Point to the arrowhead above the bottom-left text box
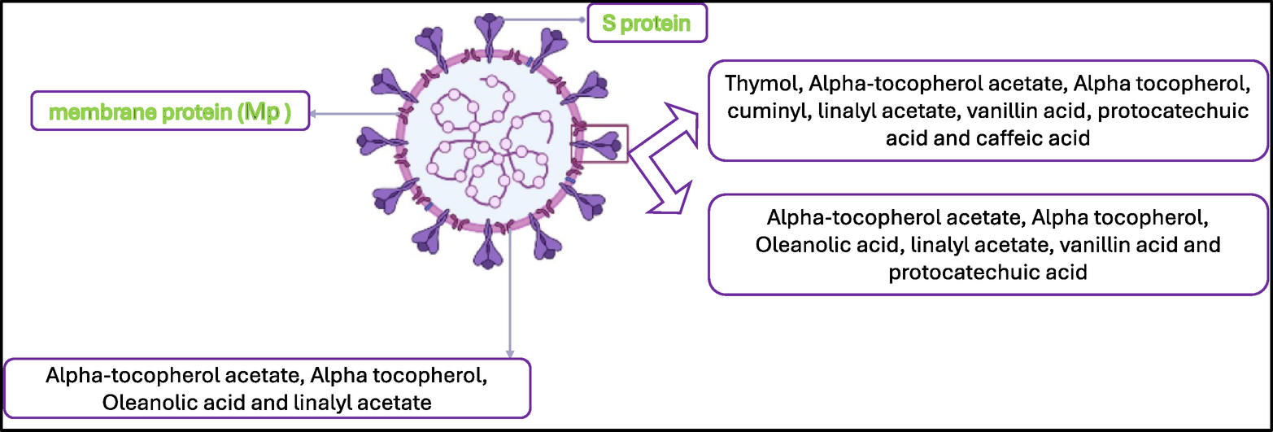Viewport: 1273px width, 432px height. click(x=510, y=352)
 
